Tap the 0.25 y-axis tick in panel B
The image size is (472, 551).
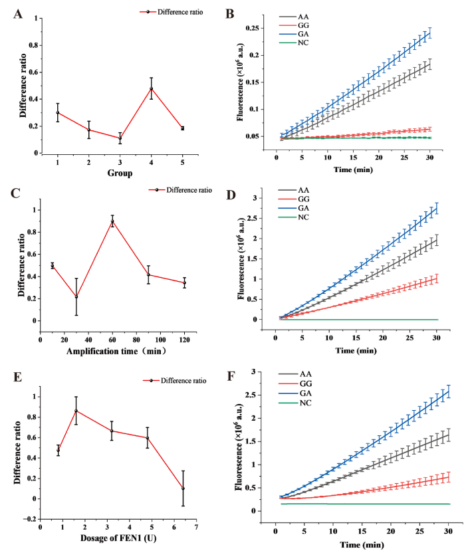[251, 28]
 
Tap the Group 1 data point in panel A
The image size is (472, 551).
[58, 112]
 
